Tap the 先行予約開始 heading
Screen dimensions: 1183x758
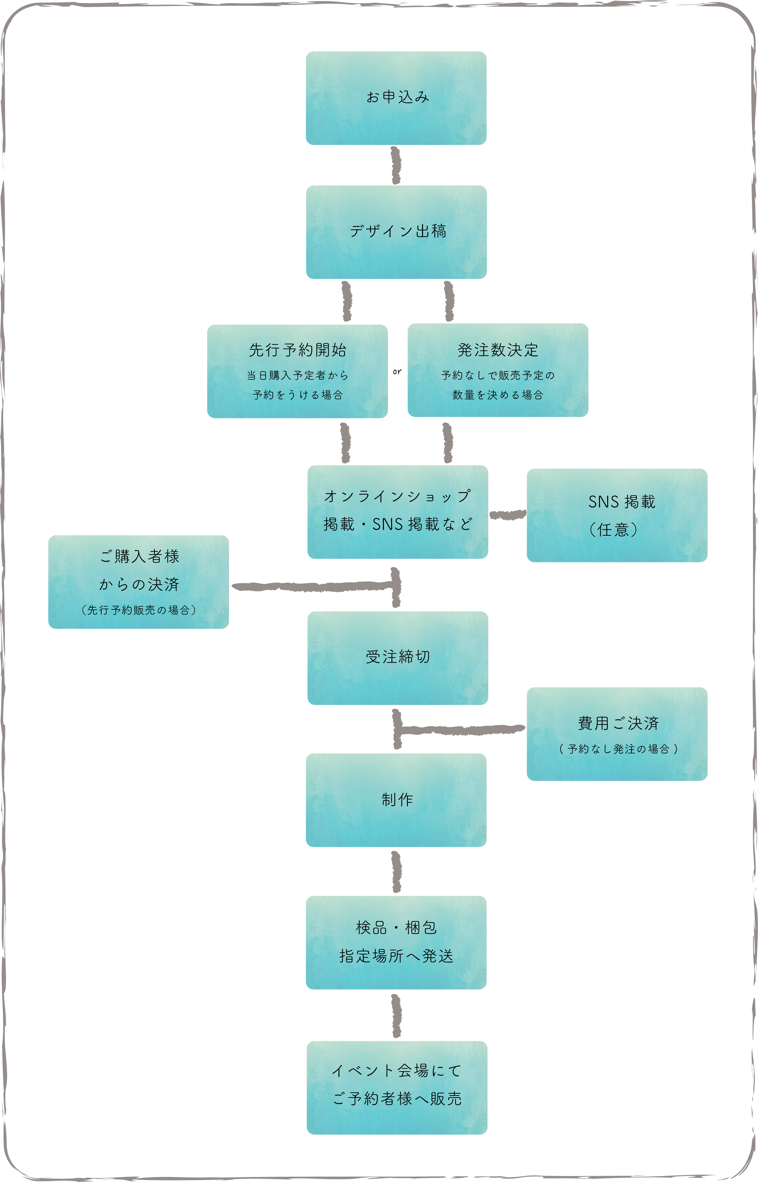coord(297,350)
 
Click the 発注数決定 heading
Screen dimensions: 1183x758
coord(498,350)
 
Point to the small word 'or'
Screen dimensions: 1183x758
coord(397,372)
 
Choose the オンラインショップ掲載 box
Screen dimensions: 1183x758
coord(398,512)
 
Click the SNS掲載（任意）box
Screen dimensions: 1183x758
coord(617,515)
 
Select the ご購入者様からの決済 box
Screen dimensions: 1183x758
coord(138,582)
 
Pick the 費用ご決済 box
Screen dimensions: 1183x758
coord(617,734)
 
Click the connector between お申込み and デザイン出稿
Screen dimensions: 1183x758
coord(396,165)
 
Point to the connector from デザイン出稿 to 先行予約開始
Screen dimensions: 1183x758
coord(347,301)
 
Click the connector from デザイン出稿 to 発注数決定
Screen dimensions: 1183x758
coord(449,301)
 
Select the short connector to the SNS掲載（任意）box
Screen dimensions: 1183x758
coord(508,515)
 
